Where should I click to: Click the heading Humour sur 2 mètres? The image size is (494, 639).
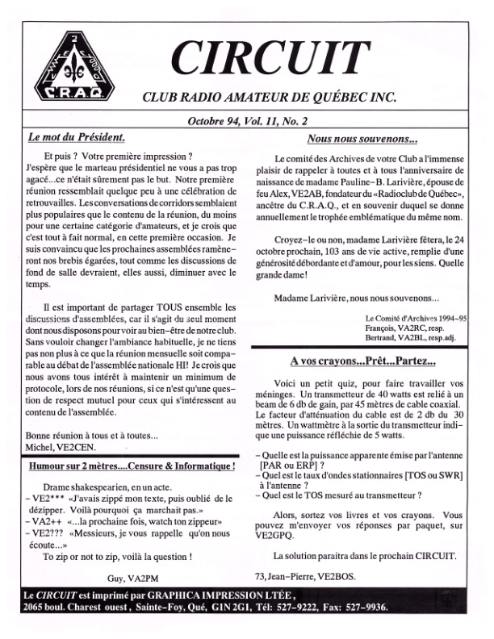131,466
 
